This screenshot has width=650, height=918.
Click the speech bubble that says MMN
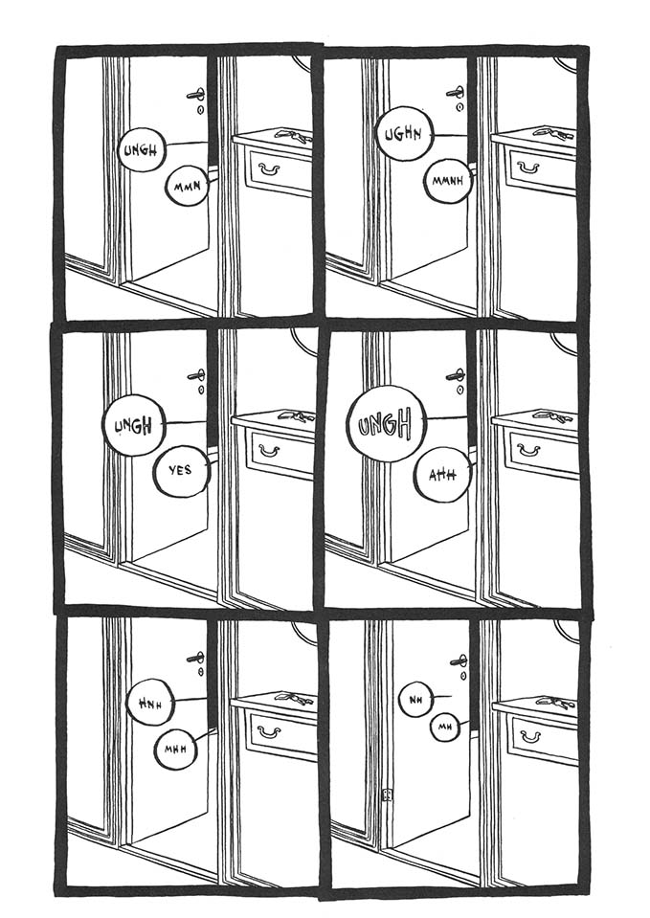pyautogui.click(x=188, y=186)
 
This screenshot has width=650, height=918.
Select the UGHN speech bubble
pyautogui.click(x=404, y=135)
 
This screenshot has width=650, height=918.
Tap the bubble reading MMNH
pyautogui.click(x=447, y=181)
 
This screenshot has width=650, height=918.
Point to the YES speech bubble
pyautogui.click(x=180, y=470)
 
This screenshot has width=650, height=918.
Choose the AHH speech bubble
pyautogui.click(x=442, y=475)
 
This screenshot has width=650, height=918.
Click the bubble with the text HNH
pyautogui.click(x=150, y=702)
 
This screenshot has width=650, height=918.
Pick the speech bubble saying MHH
pyautogui.click(x=174, y=749)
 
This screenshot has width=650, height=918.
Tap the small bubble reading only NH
pyautogui.click(x=415, y=699)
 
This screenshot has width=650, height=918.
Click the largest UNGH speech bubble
pyautogui.click(x=387, y=423)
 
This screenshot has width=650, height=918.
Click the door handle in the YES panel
pyautogui.click(x=197, y=375)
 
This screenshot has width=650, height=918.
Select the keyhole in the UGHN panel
pyautogui.click(x=459, y=108)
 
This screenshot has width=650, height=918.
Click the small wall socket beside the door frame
pyautogui.click(x=387, y=795)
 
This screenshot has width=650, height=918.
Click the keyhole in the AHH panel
pyautogui.click(x=460, y=389)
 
